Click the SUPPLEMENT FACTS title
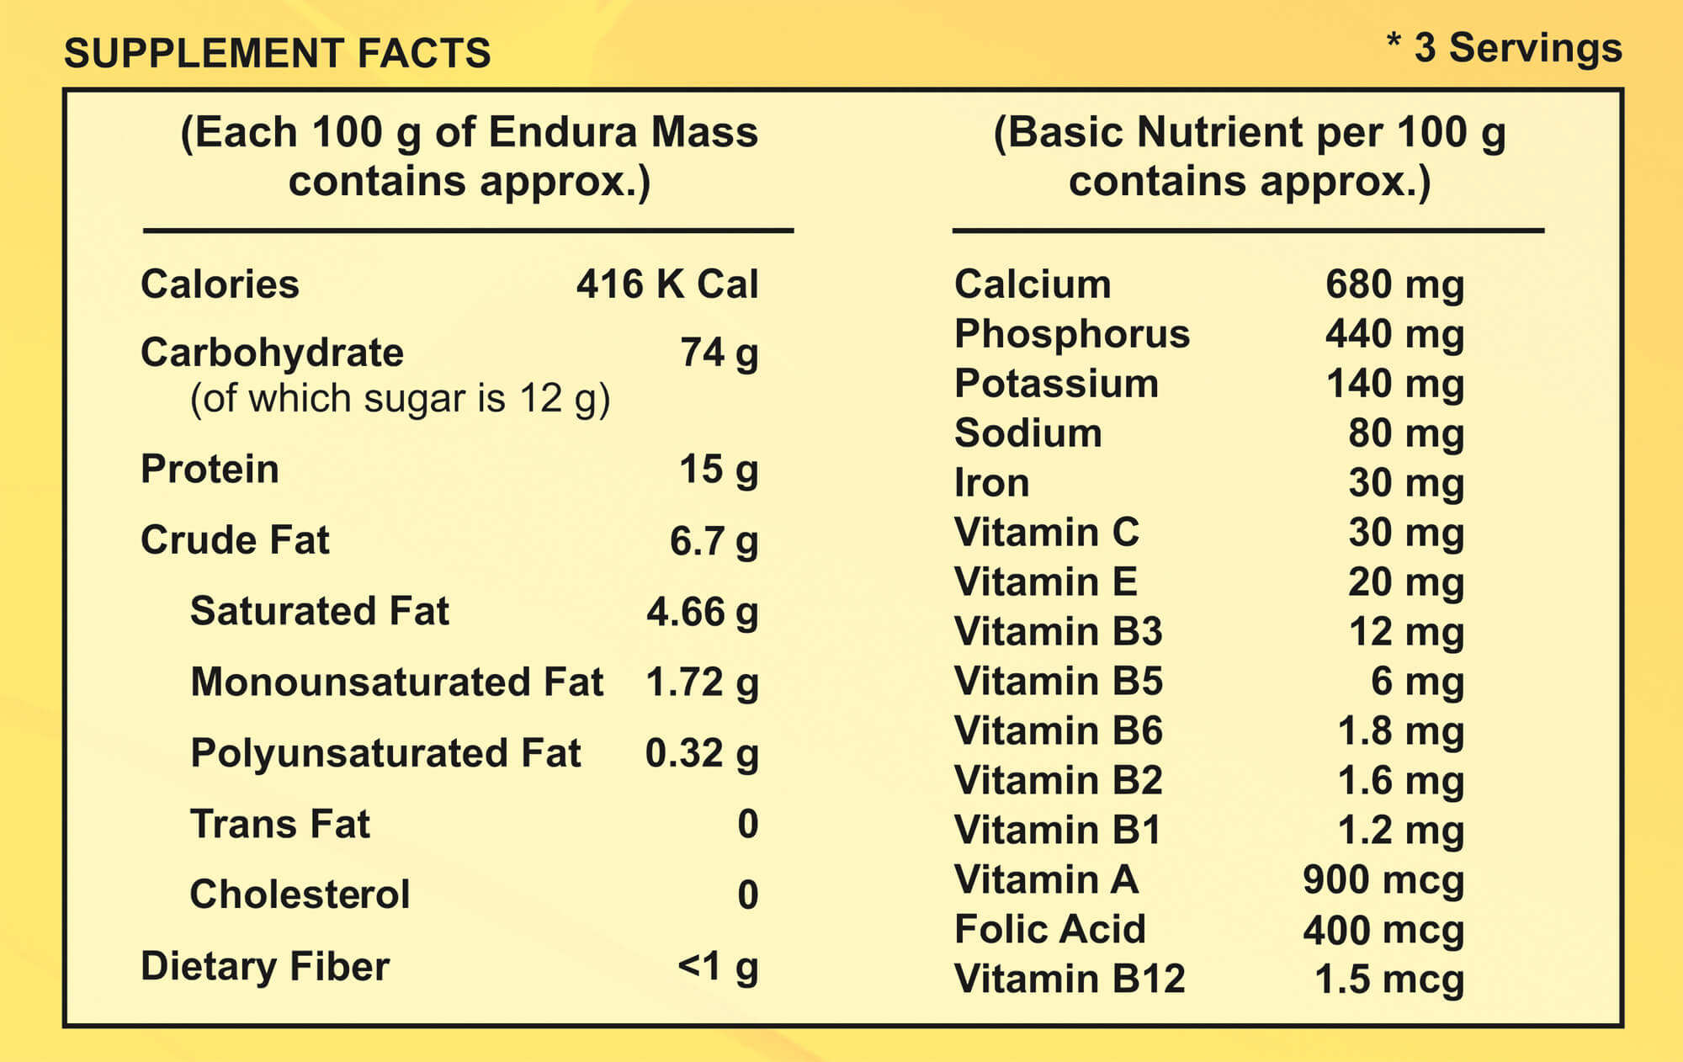(x=278, y=53)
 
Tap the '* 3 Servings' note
(x=1505, y=48)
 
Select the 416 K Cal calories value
(x=667, y=284)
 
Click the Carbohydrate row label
(x=272, y=353)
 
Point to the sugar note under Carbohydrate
(x=400, y=399)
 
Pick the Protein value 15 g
(x=719, y=470)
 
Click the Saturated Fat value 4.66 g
(x=703, y=612)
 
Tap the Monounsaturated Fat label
(x=397, y=682)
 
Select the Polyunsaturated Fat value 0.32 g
(x=702, y=753)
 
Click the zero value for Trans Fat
(x=748, y=824)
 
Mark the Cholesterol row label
(x=300, y=895)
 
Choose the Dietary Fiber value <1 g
(x=718, y=967)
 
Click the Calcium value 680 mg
(x=1395, y=285)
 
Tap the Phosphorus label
(x=1072, y=335)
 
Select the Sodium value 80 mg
(x=1406, y=434)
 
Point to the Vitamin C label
(x=1047, y=533)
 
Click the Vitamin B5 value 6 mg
(x=1418, y=682)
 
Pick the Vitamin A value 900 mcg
(x=1383, y=881)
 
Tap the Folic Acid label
(x=1050, y=930)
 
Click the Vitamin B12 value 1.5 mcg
(x=1389, y=980)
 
